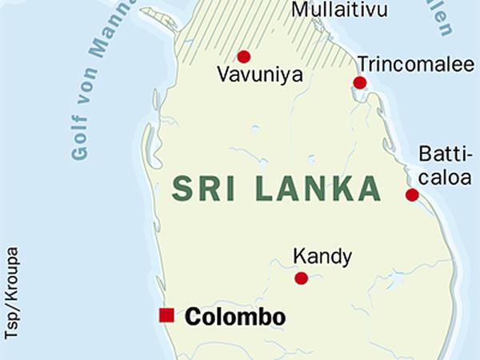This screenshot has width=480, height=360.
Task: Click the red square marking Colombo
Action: coord(166,315)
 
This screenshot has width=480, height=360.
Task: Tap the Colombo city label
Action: coord(234,317)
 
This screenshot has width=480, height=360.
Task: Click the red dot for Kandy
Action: coord(302,278)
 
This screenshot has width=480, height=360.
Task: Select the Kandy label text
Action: coord(322,257)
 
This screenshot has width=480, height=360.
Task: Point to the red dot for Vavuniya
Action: coord(244,57)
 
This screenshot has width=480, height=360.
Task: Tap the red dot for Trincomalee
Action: coord(360,82)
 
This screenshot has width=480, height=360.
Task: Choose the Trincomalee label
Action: coord(415,64)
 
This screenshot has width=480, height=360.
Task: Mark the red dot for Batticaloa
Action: coord(412,194)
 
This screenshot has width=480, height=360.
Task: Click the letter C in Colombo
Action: coord(193,317)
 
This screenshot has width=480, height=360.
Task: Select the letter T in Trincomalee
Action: coord(363,64)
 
